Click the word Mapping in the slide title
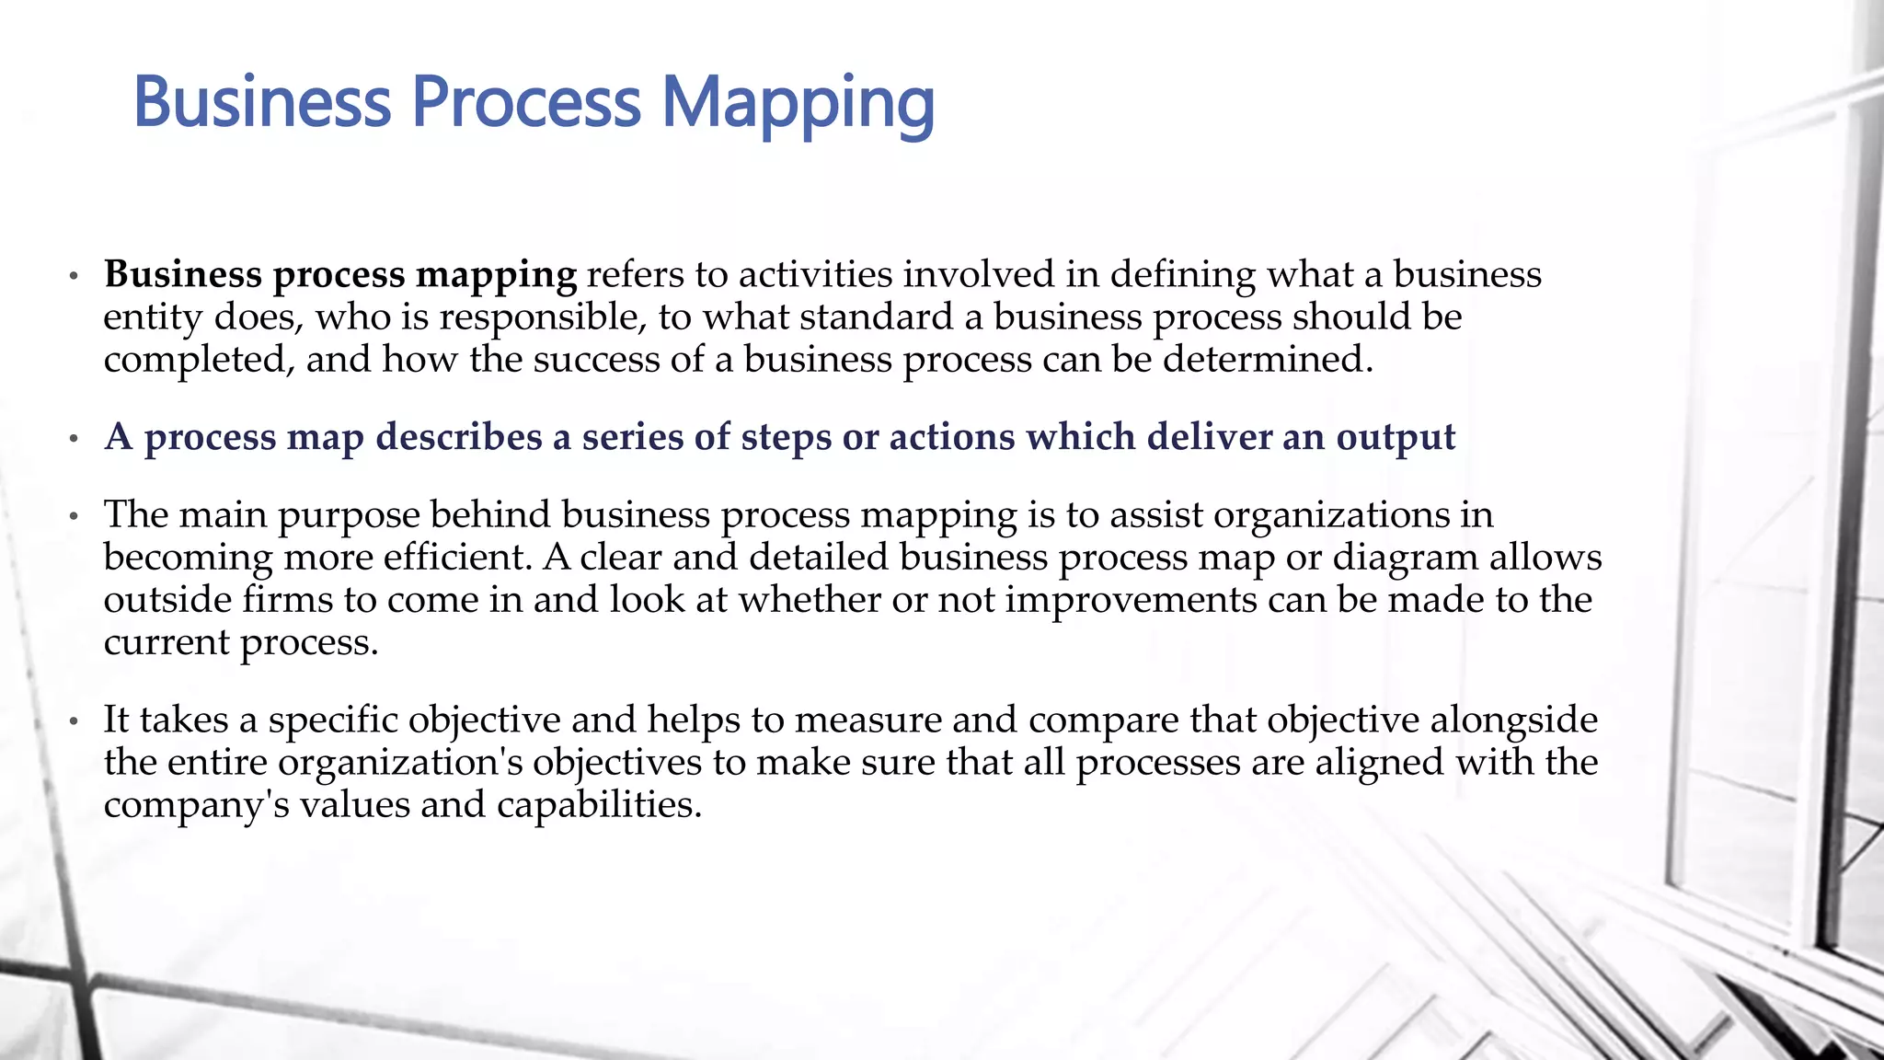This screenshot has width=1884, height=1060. click(798, 103)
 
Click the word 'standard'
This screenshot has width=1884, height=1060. click(876, 317)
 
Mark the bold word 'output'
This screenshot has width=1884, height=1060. click(1396, 438)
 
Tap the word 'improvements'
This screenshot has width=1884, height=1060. click(1131, 599)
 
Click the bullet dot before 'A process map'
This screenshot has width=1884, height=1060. click(75, 439)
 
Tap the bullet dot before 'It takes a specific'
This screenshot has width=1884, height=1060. click(75, 721)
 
